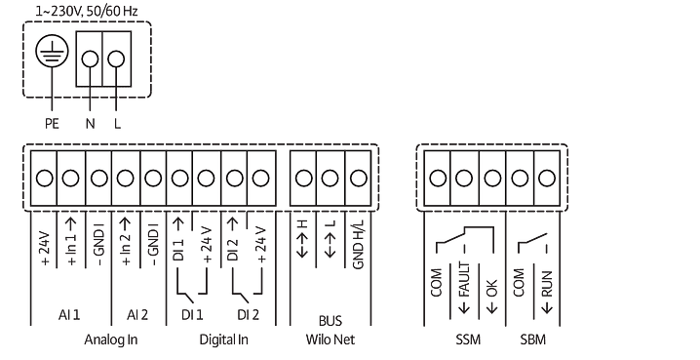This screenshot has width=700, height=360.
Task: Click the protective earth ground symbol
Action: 52,51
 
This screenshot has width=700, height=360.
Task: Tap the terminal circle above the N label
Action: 90,59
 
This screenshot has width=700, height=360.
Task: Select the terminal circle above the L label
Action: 117,59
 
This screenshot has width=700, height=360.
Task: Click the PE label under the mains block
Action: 53,123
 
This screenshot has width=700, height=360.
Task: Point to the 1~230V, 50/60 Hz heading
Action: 87,11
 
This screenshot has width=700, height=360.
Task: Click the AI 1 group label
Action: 69,315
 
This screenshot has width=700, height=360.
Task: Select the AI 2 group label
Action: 137,315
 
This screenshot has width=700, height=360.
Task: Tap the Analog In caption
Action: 111,340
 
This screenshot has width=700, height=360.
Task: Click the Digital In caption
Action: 223,340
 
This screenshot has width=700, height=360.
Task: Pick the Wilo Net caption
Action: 331,340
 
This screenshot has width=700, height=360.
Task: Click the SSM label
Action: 468,340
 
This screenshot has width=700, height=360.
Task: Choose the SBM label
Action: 532,340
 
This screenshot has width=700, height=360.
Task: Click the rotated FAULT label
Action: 464,280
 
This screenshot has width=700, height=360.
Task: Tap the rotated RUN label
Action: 546,284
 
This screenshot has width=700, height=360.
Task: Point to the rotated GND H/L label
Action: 358,244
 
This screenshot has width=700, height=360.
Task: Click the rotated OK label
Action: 491,289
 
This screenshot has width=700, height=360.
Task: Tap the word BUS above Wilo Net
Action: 331,321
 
